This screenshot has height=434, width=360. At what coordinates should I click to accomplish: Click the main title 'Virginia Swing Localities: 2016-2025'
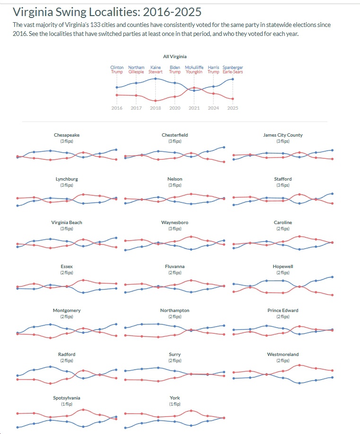pyautogui.click(x=107, y=11)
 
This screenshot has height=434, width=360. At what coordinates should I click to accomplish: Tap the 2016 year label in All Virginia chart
pyautogui.click(x=117, y=108)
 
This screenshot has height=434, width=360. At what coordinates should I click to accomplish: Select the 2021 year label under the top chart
pyautogui.click(x=193, y=108)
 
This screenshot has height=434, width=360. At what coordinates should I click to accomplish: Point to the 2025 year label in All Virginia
pyautogui.click(x=233, y=108)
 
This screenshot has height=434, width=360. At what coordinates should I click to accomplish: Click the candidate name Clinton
pyautogui.click(x=117, y=68)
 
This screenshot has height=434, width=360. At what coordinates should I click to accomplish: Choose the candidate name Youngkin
pyautogui.click(x=193, y=72)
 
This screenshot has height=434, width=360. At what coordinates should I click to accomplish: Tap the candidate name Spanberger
pyautogui.click(x=233, y=68)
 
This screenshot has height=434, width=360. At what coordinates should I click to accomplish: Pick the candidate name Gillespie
pyautogui.click(x=136, y=72)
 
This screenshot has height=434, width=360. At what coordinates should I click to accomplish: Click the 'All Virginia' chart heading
pyautogui.click(x=175, y=57)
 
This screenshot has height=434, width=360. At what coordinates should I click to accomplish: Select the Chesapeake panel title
pyautogui.click(x=67, y=135)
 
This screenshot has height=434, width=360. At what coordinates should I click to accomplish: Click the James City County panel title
pyautogui.click(x=283, y=135)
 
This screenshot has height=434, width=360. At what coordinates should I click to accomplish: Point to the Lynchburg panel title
pyautogui.click(x=67, y=179)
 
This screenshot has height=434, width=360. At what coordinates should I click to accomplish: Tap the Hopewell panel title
pyautogui.click(x=283, y=267)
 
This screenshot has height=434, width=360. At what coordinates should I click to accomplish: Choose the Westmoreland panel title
pyautogui.click(x=283, y=354)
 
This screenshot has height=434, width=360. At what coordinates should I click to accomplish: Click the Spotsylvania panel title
pyautogui.click(x=67, y=398)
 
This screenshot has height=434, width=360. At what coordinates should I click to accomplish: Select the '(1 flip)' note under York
pyautogui.click(x=175, y=404)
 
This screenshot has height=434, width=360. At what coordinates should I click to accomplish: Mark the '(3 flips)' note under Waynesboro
pyautogui.click(x=175, y=229)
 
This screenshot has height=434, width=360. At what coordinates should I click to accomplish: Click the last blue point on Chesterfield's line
pyautogui.click(x=224, y=147)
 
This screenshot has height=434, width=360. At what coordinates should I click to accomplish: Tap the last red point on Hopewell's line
pyautogui.click(x=333, y=295)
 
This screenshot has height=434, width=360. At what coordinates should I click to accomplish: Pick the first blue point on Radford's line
pyautogui.click(x=17, y=375)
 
